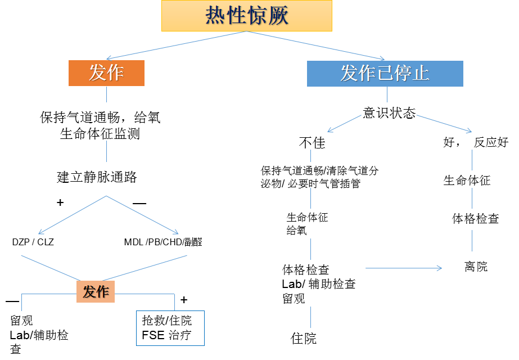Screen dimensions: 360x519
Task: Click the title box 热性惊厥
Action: coord(246,16)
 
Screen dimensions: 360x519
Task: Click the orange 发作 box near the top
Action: coord(106,73)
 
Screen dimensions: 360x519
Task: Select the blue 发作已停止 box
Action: coord(385,73)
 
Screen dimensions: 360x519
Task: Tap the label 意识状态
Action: coord(389,113)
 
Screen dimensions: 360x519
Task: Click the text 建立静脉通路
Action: coord(97,177)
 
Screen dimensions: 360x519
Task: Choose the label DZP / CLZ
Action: coord(33,242)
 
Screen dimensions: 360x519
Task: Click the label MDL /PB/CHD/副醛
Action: coord(163,242)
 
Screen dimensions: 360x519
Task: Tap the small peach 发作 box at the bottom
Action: coord(96,291)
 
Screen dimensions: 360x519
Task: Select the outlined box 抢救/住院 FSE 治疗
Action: coord(170,328)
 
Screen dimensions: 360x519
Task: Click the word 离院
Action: coord(476,267)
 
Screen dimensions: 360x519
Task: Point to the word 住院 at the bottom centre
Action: coord(304,339)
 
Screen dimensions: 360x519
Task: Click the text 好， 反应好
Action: coord(476,143)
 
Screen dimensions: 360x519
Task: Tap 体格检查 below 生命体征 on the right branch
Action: coord(475,219)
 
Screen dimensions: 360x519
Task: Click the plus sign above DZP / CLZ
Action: coord(60,202)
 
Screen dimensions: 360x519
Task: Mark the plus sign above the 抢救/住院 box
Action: coord(183,299)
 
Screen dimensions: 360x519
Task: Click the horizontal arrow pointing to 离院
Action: coord(404,268)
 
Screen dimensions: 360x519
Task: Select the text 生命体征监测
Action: coord(100,134)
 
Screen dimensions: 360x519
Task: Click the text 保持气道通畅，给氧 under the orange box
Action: coord(100,118)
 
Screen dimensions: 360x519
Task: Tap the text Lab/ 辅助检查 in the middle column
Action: coord(318,284)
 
